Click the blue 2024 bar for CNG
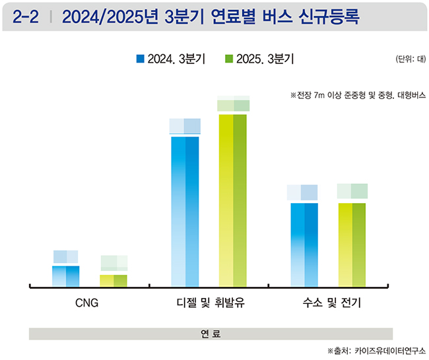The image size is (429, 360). click(65, 276)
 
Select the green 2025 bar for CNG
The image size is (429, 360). click(114, 280)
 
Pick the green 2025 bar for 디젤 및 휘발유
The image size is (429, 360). click(233, 200)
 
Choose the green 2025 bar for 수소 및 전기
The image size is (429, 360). click(352, 244)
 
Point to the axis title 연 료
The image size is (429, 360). click(211, 334)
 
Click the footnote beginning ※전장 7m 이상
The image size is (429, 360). click(358, 95)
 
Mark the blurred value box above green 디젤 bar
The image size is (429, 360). click(233, 104)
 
